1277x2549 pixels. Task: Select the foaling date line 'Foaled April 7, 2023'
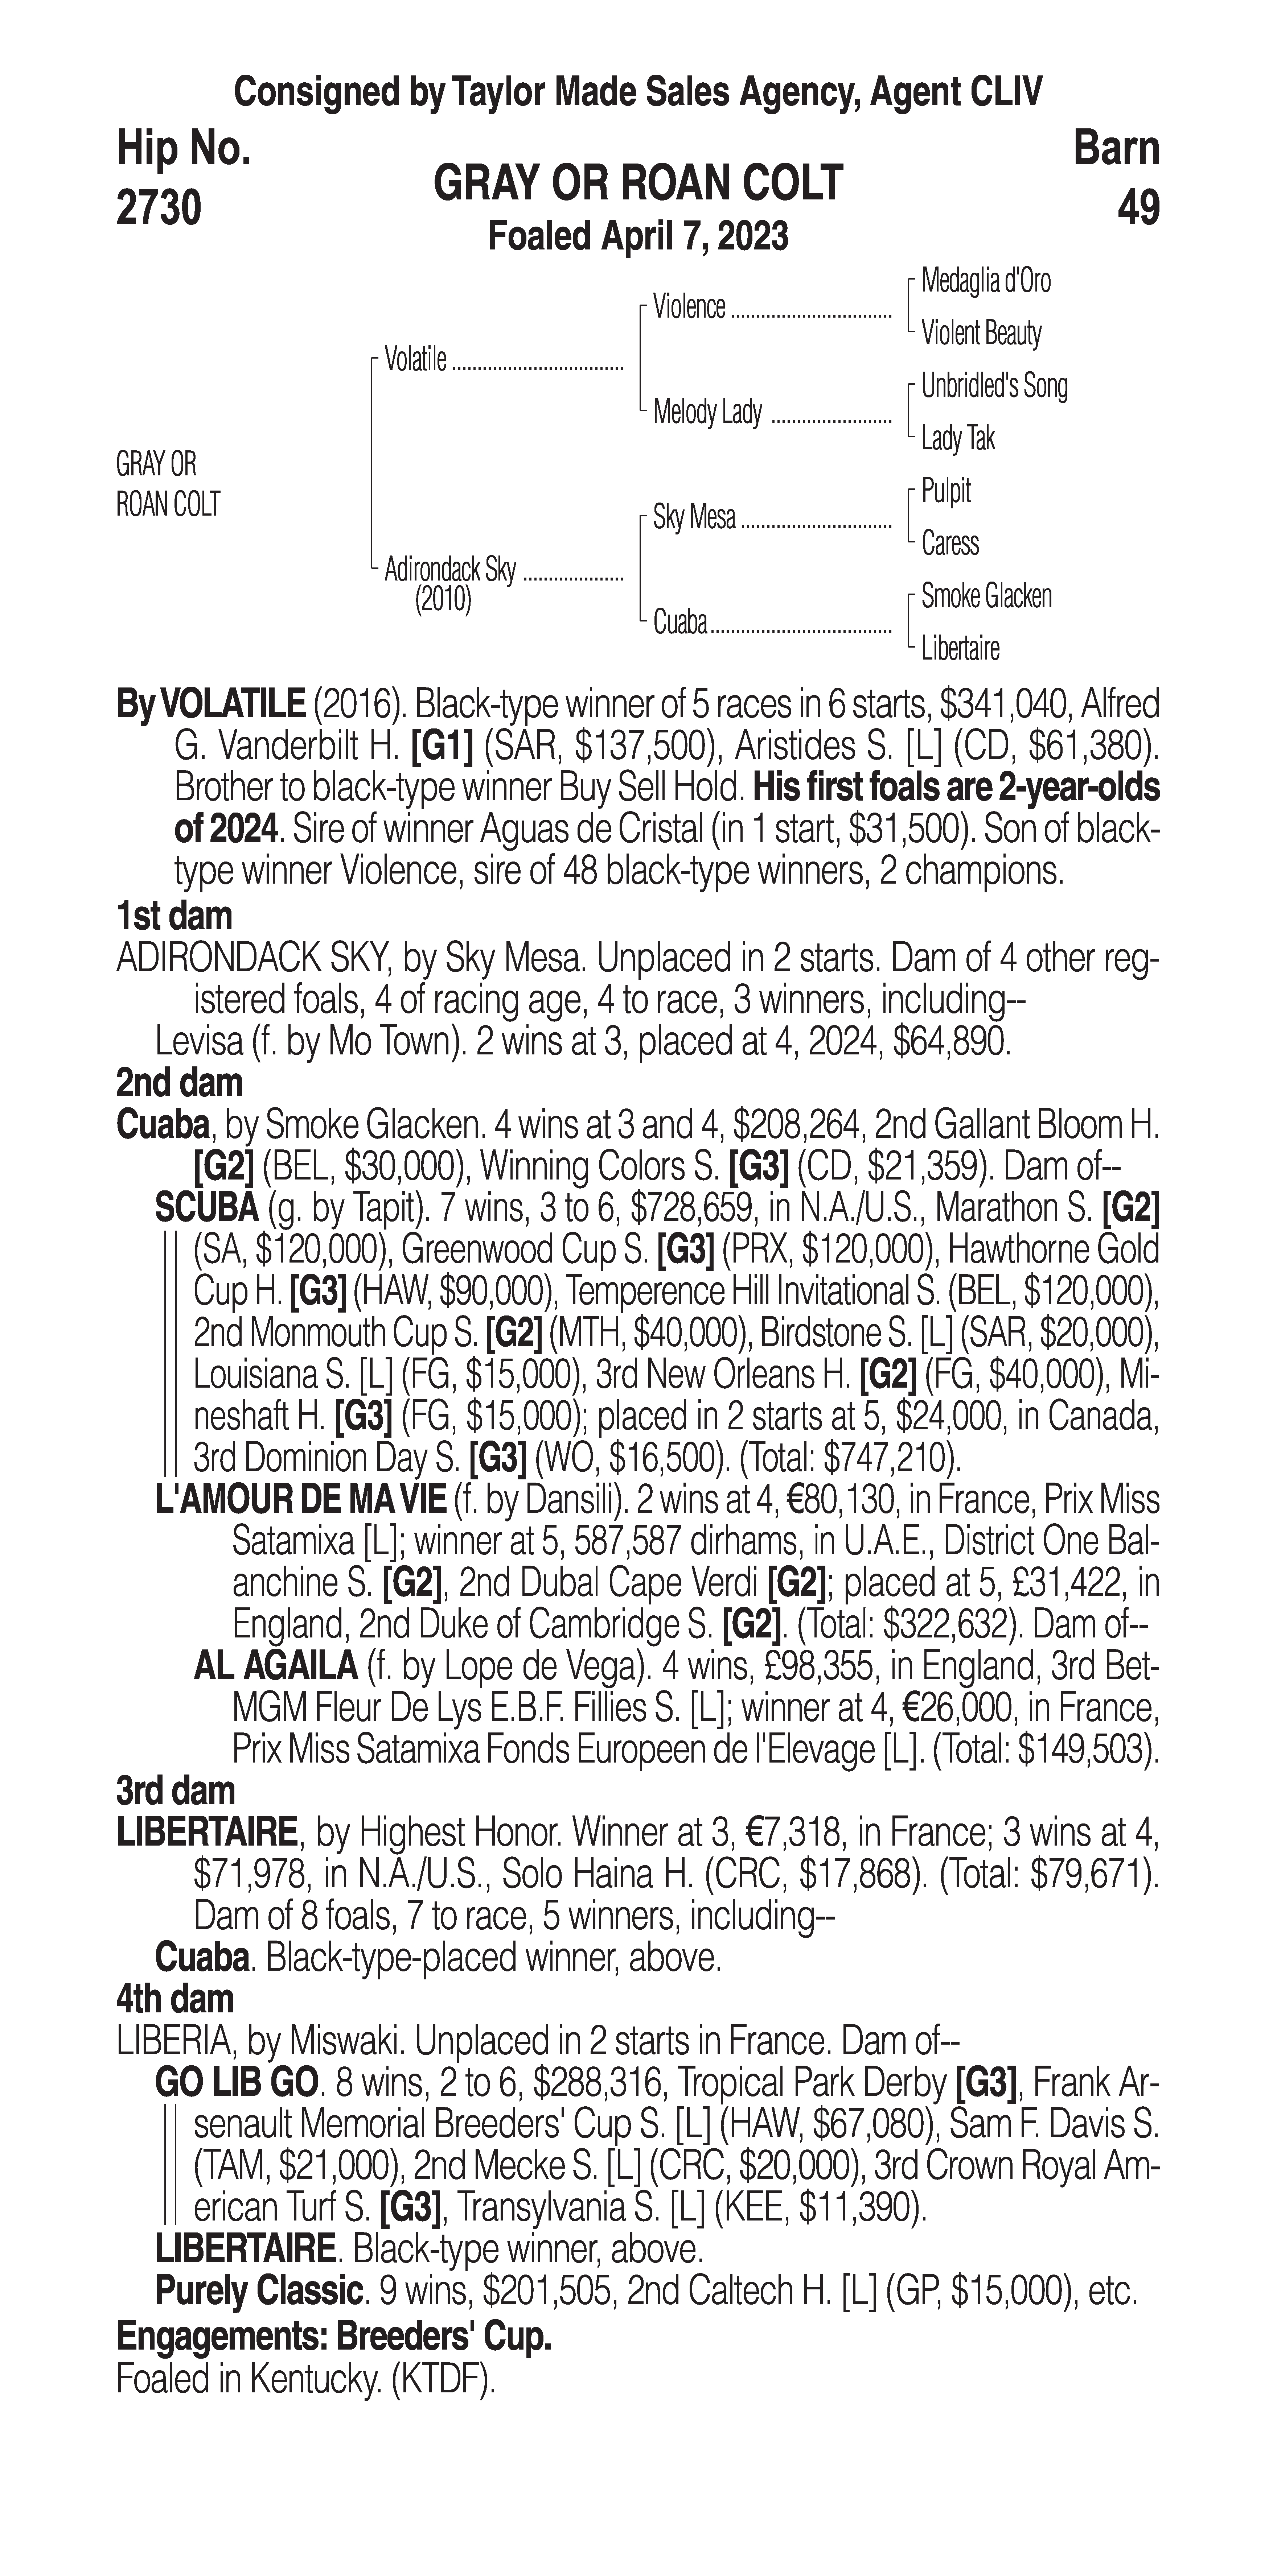coord(638,236)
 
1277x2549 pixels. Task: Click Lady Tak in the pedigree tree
coord(957,438)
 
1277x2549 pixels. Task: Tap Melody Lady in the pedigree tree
coord(707,412)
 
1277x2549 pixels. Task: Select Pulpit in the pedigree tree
coord(945,491)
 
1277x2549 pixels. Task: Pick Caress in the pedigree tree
coord(949,543)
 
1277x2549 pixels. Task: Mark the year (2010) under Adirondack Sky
coord(443,600)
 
